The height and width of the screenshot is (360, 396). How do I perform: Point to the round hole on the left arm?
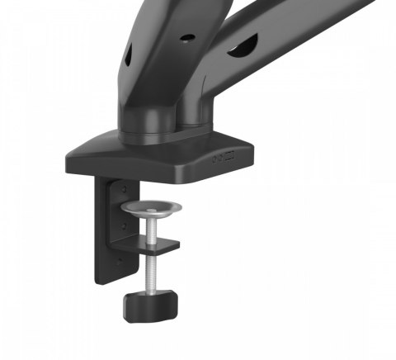186,37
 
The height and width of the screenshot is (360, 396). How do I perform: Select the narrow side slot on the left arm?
129,57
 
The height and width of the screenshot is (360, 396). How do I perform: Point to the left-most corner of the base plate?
67,156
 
